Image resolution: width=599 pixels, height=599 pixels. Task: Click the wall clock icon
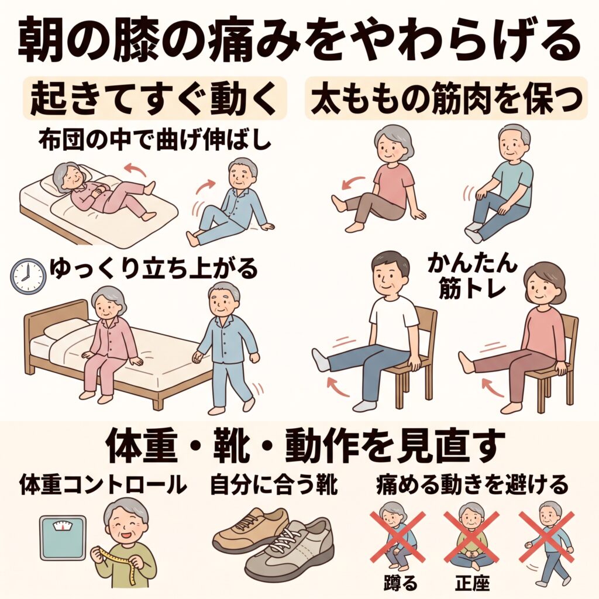coord(28,276)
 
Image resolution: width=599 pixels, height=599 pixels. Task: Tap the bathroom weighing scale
coord(63,539)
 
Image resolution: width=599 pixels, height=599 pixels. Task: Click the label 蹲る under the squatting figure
coord(400,583)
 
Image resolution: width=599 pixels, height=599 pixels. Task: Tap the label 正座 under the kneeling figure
coord(473,583)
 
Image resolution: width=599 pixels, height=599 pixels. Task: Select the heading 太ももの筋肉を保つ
coord(446,98)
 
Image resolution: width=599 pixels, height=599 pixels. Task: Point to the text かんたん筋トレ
coord(472,276)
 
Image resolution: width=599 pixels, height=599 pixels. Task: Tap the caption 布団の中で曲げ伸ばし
coord(154,140)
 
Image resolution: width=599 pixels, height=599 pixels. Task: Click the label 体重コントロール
coord(103,484)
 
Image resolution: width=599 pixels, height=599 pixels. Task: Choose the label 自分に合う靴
coord(274,484)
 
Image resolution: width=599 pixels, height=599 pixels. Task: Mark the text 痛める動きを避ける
coord(472,484)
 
